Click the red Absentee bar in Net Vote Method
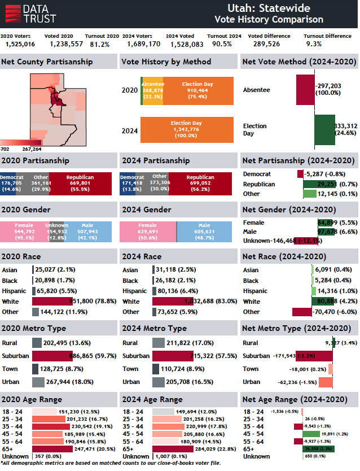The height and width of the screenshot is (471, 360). tap(305, 90)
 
